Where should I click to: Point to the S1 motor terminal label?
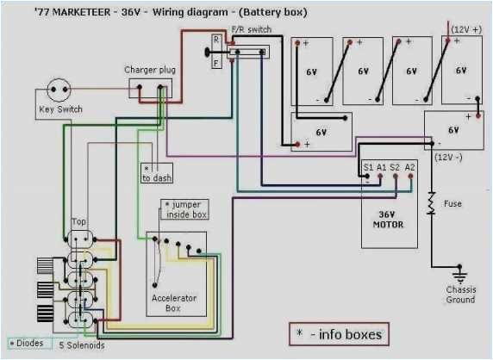368,165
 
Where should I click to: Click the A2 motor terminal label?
409,165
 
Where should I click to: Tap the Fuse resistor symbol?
429,203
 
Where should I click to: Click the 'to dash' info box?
157,173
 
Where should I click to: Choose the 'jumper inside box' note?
183,209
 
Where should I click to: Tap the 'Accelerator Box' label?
174,303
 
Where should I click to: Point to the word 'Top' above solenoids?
78,222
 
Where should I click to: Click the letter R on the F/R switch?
216,40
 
